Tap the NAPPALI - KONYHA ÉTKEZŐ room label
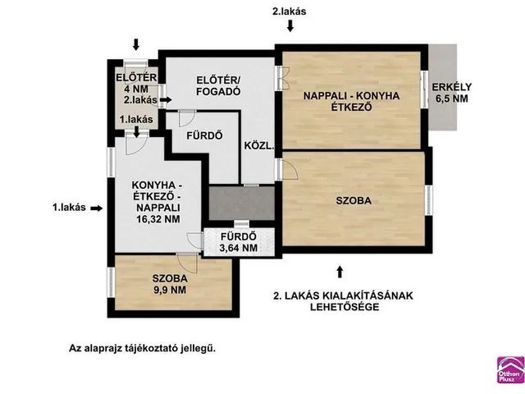tap(351, 102)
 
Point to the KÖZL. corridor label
tap(259, 147)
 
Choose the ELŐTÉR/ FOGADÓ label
tap(218, 86)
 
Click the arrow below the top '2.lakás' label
tap(290, 27)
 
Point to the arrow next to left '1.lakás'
tap(98, 208)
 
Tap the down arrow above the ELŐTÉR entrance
tap(137, 44)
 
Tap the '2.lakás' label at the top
tap(290, 11)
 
